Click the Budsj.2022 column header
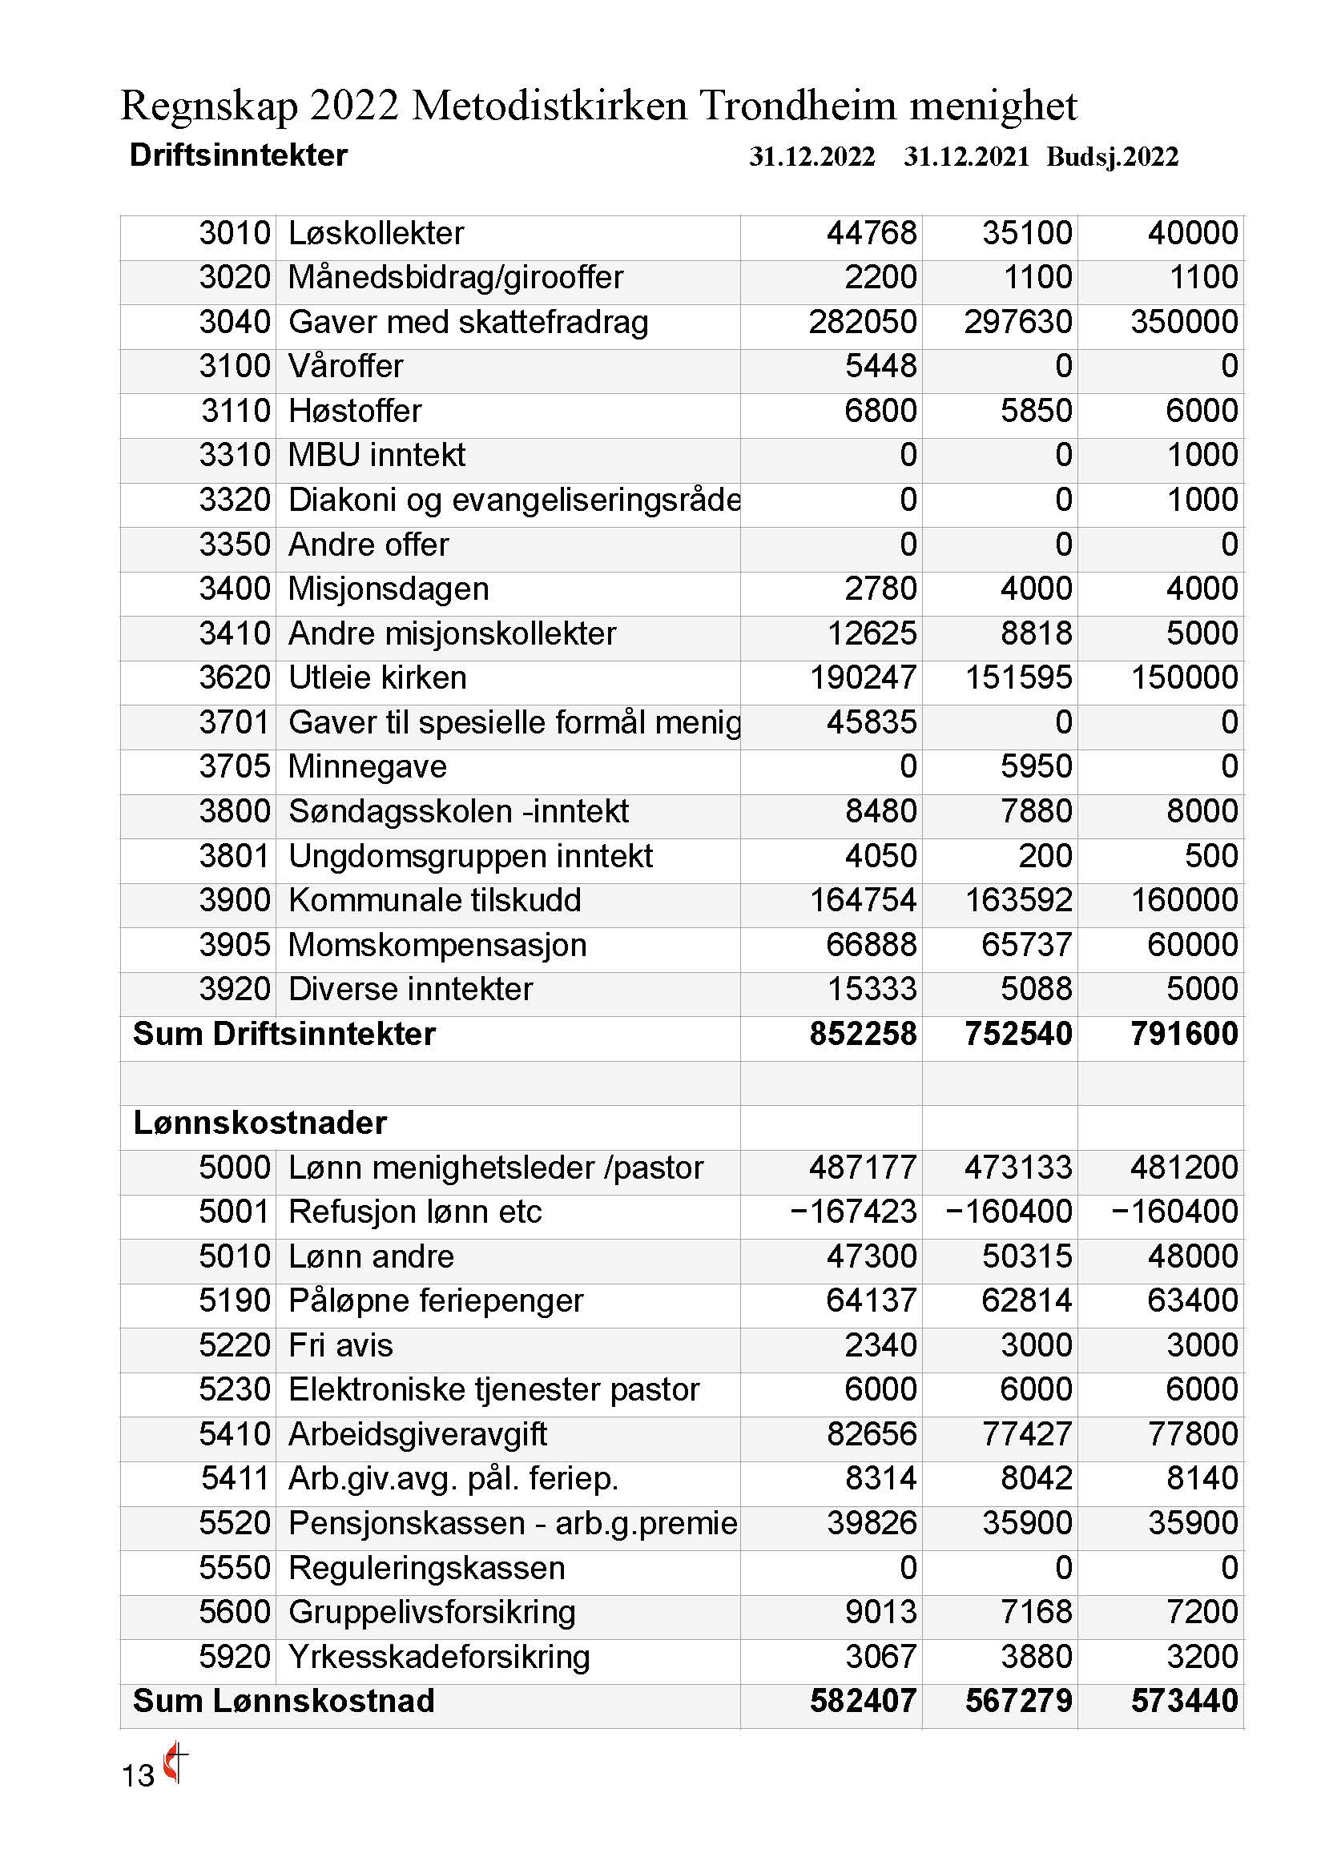click(1112, 157)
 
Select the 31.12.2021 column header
click(966, 157)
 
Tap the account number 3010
click(235, 233)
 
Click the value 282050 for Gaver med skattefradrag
click(863, 322)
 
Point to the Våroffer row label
click(346, 366)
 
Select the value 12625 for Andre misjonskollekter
click(872, 634)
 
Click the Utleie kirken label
click(378, 678)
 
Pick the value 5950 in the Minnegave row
click(1036, 767)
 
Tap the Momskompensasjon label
click(437, 945)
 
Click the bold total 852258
click(863, 1034)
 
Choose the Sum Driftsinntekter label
click(284, 1034)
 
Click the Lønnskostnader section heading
click(260, 1123)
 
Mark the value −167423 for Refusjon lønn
click(853, 1212)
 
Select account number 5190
click(235, 1300)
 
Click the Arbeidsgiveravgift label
click(417, 1434)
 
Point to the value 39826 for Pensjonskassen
click(872, 1523)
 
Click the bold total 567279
click(1018, 1702)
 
